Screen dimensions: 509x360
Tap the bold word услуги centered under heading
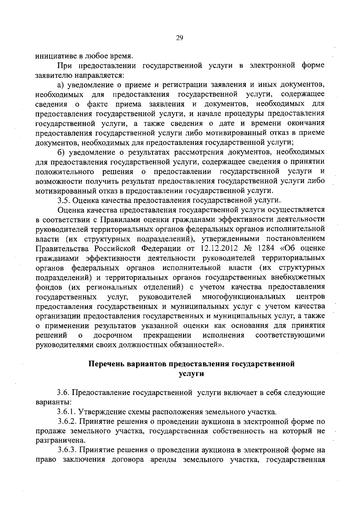[x=191, y=374]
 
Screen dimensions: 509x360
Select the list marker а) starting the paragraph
[x=61, y=85]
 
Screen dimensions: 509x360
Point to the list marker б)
[x=61, y=152]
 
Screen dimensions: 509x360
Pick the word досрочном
[x=113, y=335]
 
